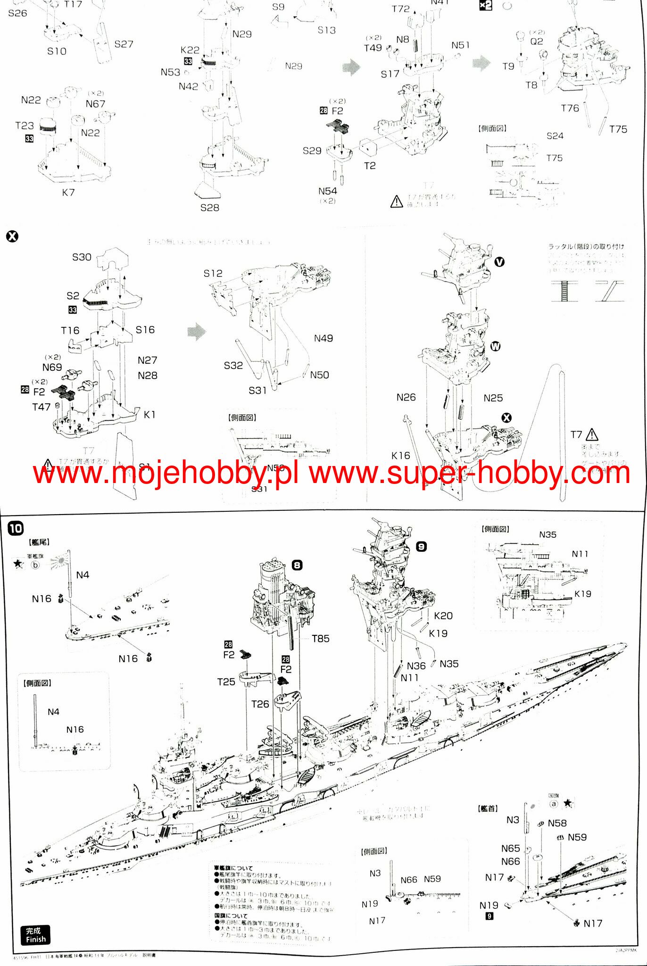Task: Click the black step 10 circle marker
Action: click(16, 528)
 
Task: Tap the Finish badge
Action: click(35, 934)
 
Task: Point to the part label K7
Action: click(68, 192)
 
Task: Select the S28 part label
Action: click(210, 208)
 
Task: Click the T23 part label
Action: click(25, 125)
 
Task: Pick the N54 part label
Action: click(327, 191)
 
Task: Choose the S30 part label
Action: click(82, 257)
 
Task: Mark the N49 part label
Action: click(323, 338)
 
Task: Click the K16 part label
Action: click(400, 456)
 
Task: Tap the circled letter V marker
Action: click(499, 262)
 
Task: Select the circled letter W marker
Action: click(495, 347)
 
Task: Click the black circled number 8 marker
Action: click(297, 565)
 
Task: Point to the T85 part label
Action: click(321, 639)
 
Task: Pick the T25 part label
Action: click(226, 682)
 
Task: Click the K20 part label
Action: click(443, 616)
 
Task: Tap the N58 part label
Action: click(557, 823)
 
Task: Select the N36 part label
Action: click(416, 666)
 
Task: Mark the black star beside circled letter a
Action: click(568, 803)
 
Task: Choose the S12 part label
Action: click(213, 274)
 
